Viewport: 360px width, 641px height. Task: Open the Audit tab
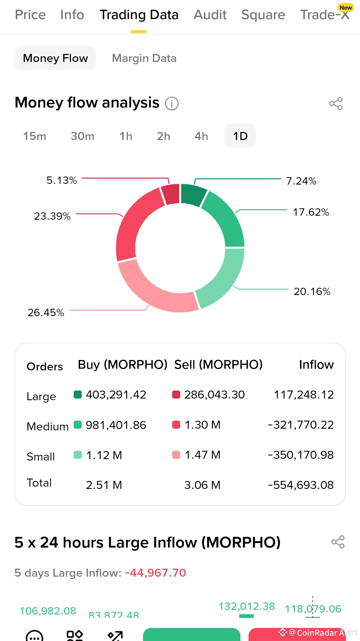(x=210, y=15)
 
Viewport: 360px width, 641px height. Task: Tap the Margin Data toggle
(x=144, y=58)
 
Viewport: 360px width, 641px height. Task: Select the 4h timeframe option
(x=201, y=136)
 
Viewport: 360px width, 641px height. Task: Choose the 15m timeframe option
(x=34, y=136)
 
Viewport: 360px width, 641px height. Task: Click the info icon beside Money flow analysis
(x=172, y=103)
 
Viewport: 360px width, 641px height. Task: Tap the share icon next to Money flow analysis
(x=336, y=103)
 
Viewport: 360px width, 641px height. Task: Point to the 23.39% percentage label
(x=52, y=216)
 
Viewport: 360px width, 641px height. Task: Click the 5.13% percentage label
(x=62, y=181)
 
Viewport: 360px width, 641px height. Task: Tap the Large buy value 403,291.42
(x=116, y=395)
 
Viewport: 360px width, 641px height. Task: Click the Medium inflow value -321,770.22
(x=301, y=425)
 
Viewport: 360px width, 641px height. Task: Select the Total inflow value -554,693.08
(x=301, y=485)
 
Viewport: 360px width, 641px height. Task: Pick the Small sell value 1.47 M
(x=202, y=455)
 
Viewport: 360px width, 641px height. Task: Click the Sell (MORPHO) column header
(x=218, y=365)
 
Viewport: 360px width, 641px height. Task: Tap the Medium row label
(x=48, y=427)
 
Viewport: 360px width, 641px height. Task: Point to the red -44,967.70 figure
(x=155, y=573)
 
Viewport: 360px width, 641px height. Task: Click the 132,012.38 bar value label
(x=246, y=607)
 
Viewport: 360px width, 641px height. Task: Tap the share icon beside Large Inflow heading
(x=338, y=542)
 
